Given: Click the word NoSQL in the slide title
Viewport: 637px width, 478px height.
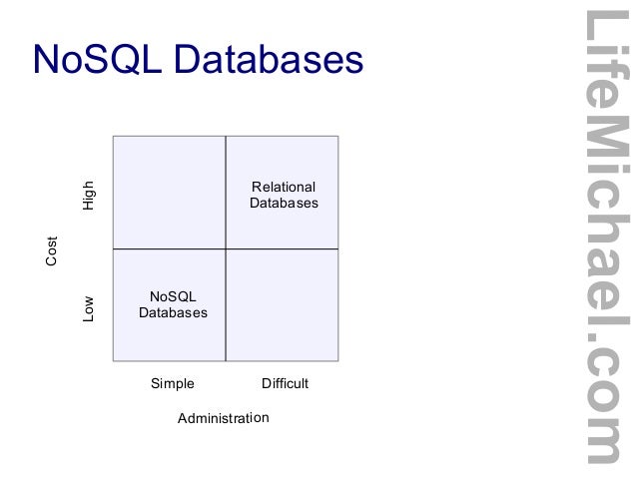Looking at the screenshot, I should tap(97, 60).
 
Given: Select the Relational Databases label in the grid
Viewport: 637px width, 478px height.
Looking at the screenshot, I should tap(284, 195).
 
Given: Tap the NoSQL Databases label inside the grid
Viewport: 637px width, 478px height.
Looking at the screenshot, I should tap(173, 304).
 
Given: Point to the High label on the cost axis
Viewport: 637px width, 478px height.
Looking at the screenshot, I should tap(89, 194).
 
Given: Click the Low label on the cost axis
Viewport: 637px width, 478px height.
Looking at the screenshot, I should tap(89, 306).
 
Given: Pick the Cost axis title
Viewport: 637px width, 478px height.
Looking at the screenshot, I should tap(52, 250).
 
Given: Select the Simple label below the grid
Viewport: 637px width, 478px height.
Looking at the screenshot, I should tap(172, 383).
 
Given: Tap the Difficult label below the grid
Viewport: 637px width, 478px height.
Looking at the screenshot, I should tap(285, 383).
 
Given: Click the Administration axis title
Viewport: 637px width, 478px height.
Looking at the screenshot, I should tap(223, 418).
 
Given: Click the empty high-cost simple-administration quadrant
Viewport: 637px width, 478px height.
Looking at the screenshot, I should tap(170, 192).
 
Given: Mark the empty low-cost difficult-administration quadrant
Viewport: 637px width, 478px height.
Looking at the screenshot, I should tap(283, 304).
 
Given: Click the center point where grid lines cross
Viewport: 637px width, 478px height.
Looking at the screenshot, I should tap(226, 248).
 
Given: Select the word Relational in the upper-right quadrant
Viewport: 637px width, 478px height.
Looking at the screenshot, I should tap(284, 187).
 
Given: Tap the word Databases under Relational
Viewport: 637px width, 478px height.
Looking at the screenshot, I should tap(284, 203).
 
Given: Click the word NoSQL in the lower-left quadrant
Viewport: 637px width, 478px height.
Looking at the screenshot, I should tap(173, 296).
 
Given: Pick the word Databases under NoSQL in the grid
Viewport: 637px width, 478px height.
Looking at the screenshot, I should tap(173, 312).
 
